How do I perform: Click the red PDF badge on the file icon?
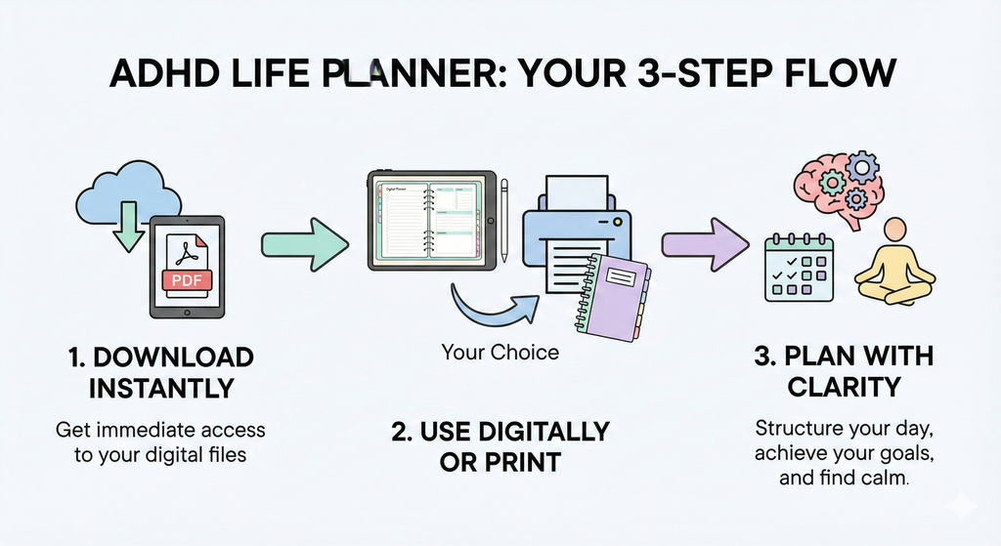pos(186,281)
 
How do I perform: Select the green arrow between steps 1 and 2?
pos(304,243)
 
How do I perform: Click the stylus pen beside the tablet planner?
pos(504,220)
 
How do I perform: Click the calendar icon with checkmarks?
pos(797,269)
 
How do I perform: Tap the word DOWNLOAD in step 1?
pos(174,357)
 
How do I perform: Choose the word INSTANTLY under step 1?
pos(161,388)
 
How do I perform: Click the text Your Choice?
pos(500,352)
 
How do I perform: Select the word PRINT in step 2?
pos(526,461)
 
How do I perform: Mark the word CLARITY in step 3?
pos(845,388)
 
